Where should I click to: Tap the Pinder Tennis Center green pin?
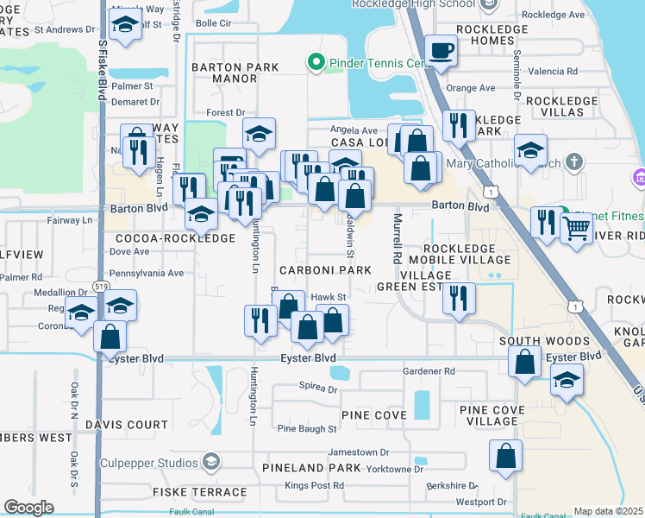(x=316, y=62)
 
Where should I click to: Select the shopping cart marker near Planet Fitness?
(x=576, y=229)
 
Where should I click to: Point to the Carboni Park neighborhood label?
(x=324, y=270)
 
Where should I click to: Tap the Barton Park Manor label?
(x=235, y=73)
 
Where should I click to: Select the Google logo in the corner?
(x=28, y=508)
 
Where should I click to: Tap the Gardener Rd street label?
(x=429, y=371)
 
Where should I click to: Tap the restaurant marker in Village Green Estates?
(x=459, y=299)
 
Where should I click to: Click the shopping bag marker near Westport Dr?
(x=505, y=455)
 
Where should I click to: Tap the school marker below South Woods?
(x=566, y=379)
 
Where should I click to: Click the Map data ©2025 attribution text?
(x=609, y=511)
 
